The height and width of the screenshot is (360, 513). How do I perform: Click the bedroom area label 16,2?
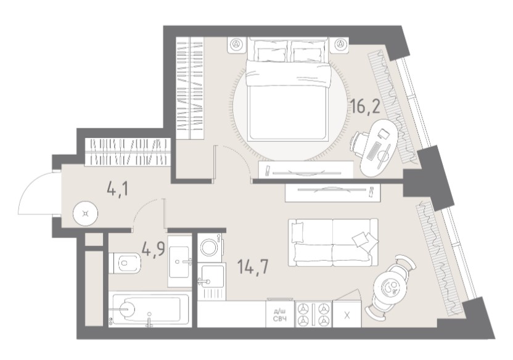[x=366, y=105]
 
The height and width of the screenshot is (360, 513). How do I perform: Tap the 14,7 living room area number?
[x=253, y=267]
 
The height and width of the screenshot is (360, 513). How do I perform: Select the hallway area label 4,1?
[x=118, y=189]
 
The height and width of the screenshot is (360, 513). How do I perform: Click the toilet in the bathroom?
[x=125, y=263]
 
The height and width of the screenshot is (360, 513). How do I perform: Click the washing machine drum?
[x=210, y=247]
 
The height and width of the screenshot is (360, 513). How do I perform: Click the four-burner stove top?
[x=313, y=314]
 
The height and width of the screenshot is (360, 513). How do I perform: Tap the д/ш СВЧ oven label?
[x=280, y=316]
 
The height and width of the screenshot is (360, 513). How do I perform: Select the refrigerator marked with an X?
[x=347, y=315]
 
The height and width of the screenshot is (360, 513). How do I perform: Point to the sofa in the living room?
[x=333, y=243]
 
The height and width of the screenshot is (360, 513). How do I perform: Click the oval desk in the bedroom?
[x=380, y=147]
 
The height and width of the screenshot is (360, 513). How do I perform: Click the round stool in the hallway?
[x=86, y=214]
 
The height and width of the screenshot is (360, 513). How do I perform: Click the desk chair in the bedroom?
[x=358, y=143]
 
